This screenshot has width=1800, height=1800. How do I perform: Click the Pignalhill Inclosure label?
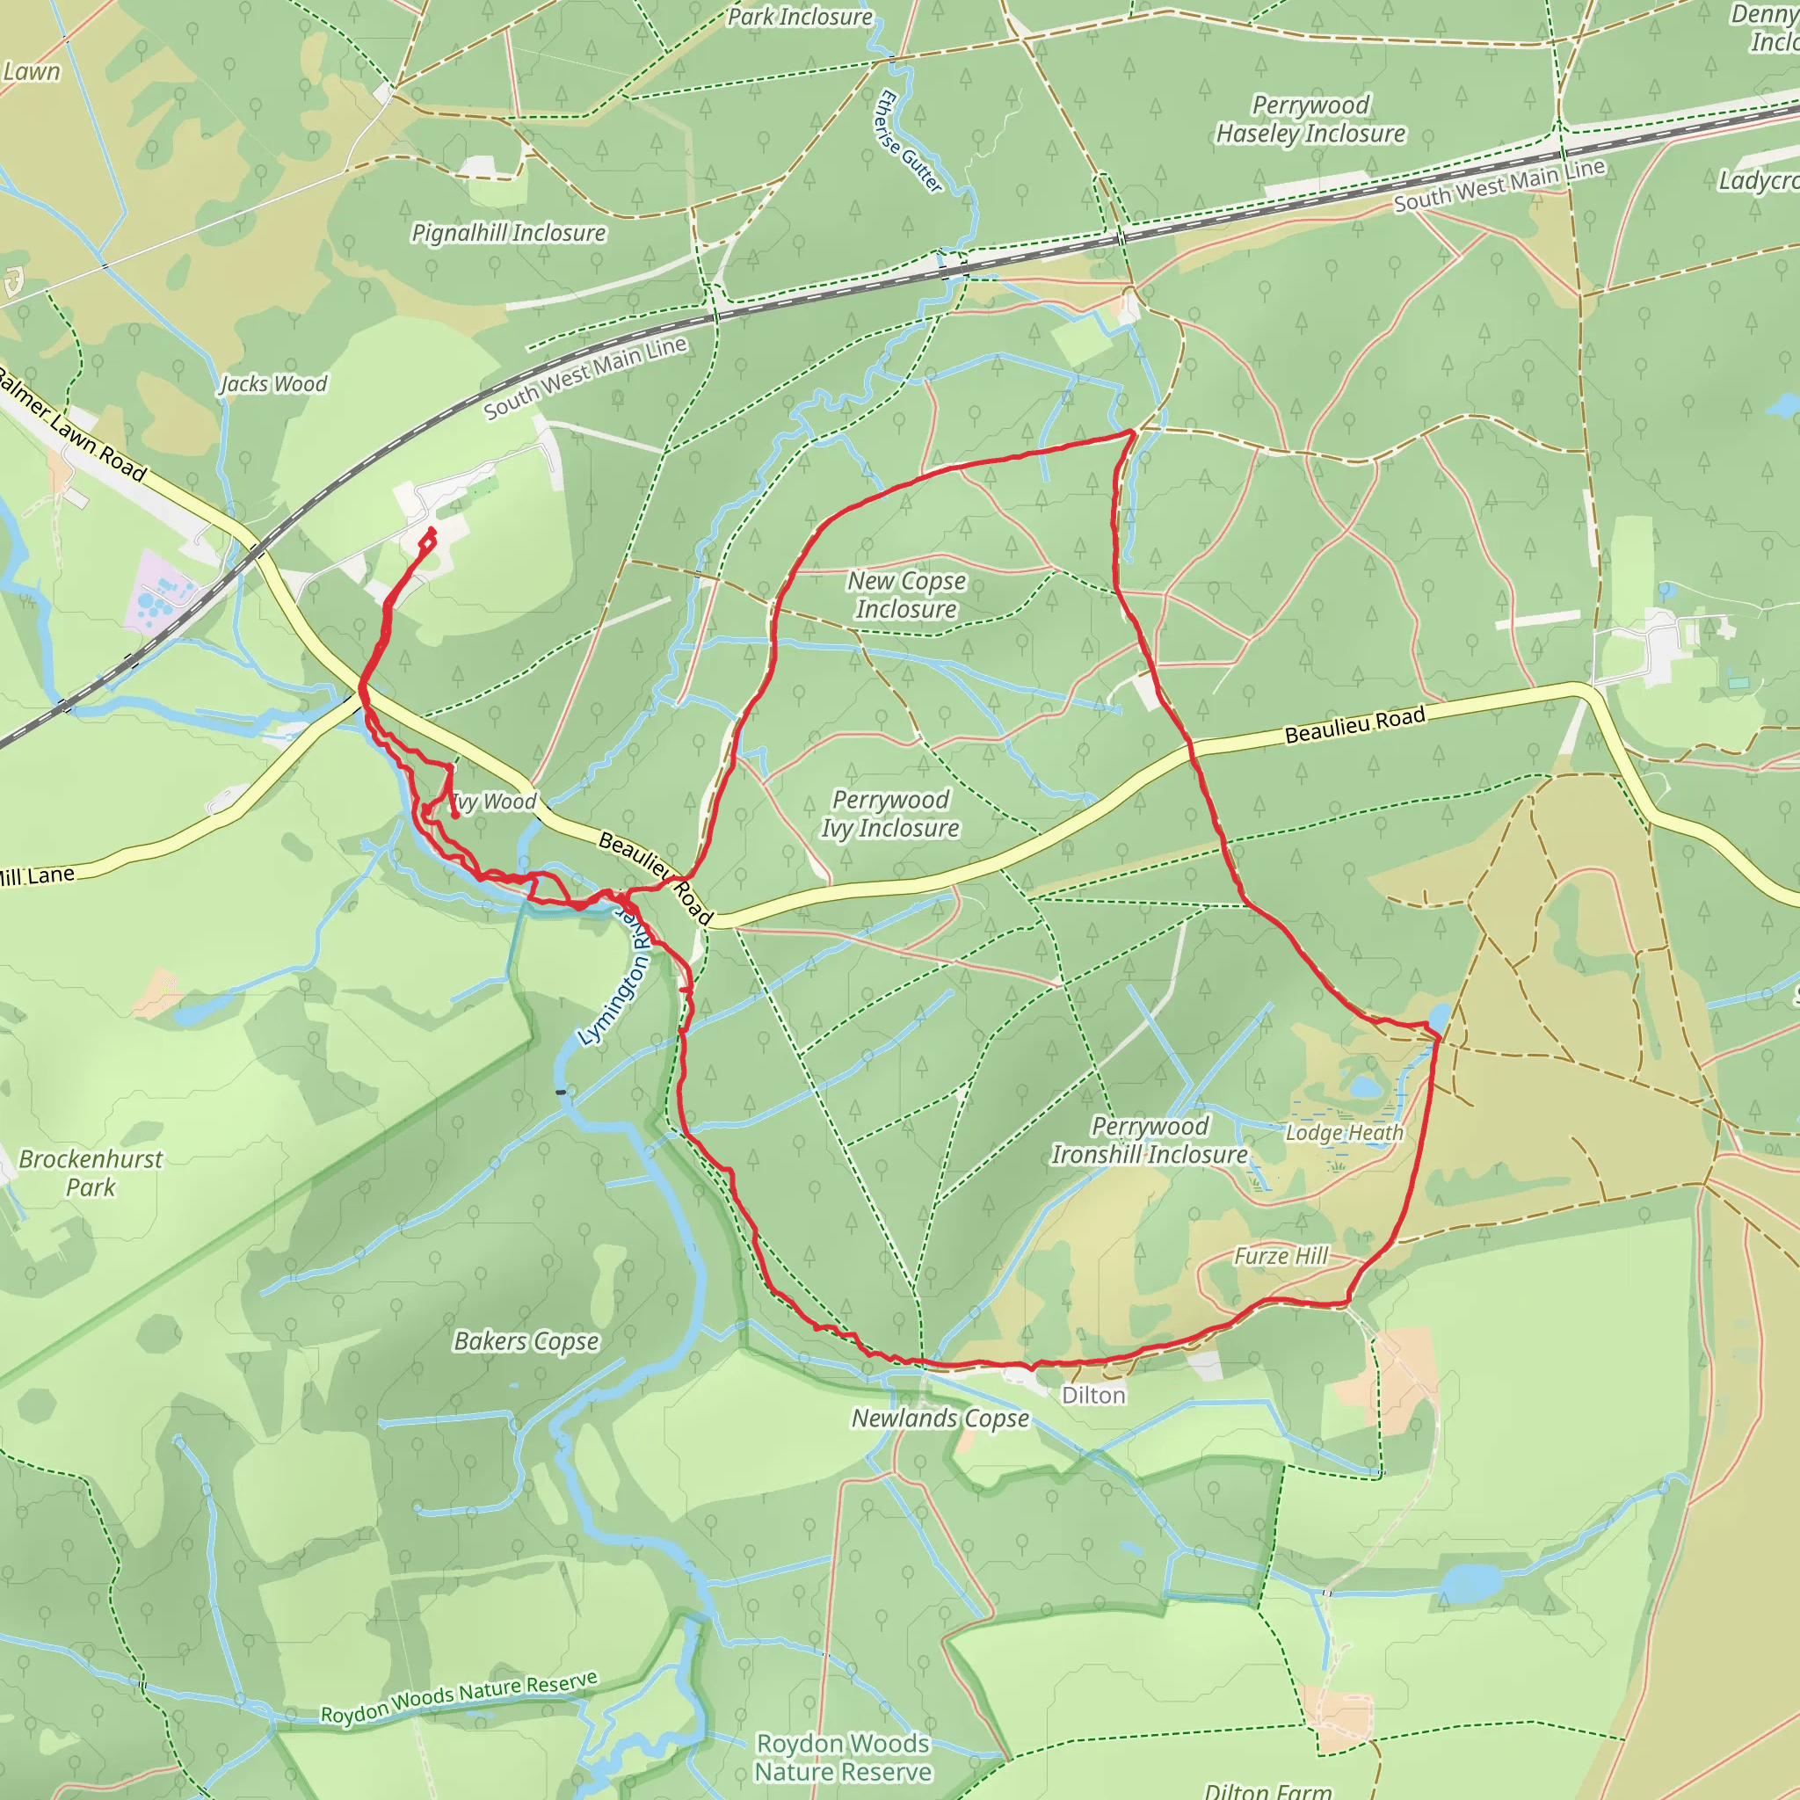point(509,233)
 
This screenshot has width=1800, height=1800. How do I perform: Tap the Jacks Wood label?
point(274,384)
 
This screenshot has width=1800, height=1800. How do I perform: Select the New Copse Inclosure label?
point(906,594)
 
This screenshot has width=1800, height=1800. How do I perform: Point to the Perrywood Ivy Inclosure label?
point(889,813)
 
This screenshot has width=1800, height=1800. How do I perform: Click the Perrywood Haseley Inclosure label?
point(1310,120)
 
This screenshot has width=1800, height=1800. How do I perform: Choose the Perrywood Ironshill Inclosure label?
point(1150,1140)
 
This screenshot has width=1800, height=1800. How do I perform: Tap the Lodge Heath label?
point(1345,1133)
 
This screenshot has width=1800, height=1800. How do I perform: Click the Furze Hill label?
point(1281,1256)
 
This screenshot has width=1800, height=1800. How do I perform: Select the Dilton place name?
point(1093,1395)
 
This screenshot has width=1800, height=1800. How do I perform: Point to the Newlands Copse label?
point(941,1418)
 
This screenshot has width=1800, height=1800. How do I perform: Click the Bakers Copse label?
point(526,1340)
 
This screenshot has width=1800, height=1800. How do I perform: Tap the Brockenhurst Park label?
point(91,1173)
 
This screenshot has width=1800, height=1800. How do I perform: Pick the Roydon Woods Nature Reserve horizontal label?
point(843,1757)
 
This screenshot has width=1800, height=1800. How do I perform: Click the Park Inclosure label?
point(800,17)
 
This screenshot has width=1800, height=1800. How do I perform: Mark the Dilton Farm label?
point(1268,1789)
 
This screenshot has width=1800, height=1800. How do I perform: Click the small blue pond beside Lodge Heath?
point(1365,1087)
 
